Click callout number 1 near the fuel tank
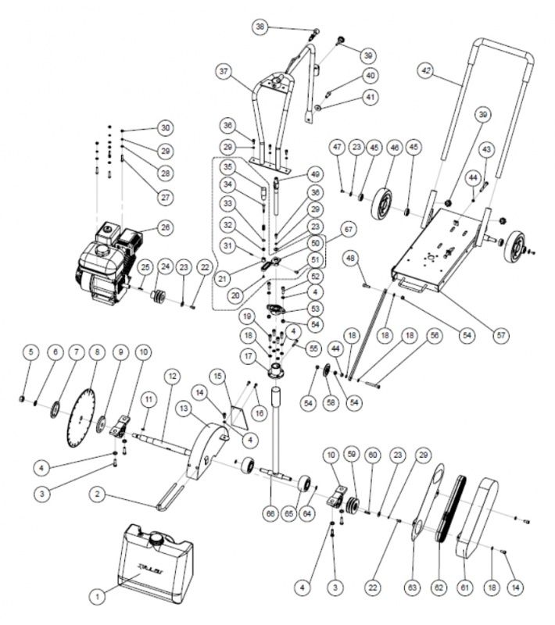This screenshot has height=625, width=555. (98, 595)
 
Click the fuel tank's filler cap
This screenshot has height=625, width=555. (158, 537)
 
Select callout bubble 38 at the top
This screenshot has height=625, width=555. (261, 27)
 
